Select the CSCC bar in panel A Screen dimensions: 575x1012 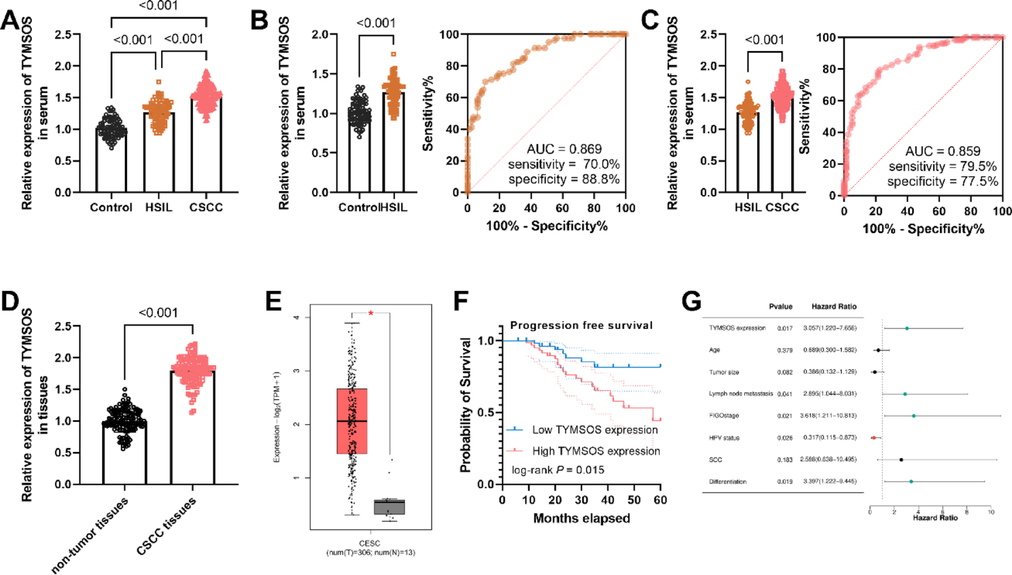point(206,149)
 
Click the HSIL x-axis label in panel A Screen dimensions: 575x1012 point(158,207)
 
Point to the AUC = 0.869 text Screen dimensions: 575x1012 point(564,149)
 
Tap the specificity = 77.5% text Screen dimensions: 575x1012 point(943,181)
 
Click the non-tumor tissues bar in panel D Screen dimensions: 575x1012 point(125,453)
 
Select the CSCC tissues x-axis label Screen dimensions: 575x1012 point(167,526)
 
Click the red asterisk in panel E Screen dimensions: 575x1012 point(371,313)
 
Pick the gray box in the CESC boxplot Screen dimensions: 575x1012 point(389,507)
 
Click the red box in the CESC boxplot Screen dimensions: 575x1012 point(352,421)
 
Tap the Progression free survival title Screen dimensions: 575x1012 point(581,325)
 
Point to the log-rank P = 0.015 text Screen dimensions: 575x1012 point(558,470)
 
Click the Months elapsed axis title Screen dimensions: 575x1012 point(581,518)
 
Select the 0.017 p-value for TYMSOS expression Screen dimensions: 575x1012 point(785,328)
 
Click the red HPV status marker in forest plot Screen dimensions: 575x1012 point(873,437)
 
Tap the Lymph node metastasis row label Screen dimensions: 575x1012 point(740,394)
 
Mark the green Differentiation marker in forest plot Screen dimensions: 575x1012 point(911,481)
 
